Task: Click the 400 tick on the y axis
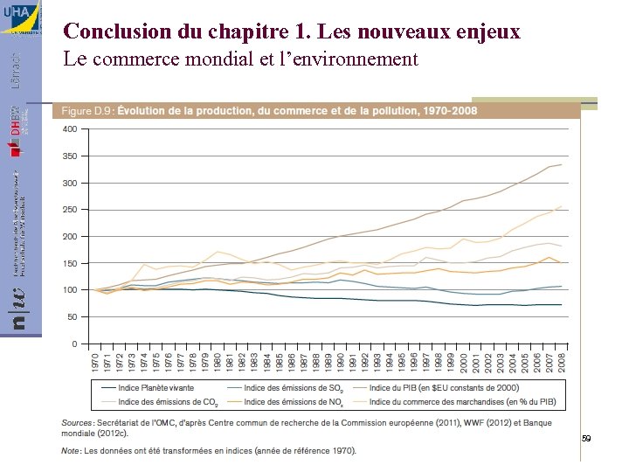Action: point(69,129)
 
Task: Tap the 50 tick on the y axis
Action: point(72,316)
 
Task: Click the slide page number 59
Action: point(586,438)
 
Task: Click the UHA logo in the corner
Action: point(20,17)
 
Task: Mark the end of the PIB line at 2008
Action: point(561,164)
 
